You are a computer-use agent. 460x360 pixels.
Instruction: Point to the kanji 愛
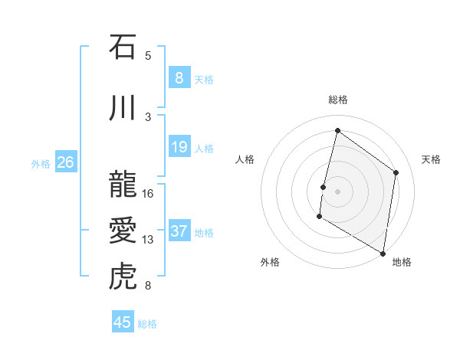pos(123,230)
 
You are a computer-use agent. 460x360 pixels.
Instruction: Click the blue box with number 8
pos(179,77)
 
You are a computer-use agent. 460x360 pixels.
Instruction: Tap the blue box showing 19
pos(179,147)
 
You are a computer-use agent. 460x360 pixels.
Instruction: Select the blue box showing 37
pos(179,231)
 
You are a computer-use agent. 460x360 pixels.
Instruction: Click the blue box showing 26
pos(66,162)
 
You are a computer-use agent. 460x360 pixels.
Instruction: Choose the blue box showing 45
pos(123,322)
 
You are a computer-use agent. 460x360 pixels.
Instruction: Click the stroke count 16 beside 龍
pos(148,193)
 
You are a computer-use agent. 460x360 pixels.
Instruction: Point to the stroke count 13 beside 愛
pos(148,240)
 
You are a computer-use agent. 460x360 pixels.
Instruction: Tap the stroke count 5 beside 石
pos(148,55)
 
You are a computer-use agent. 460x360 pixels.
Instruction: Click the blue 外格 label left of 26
pos(41,162)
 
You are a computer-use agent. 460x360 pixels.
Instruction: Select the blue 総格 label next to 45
pos(147,323)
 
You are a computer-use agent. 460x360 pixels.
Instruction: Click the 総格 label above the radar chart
pos(338,100)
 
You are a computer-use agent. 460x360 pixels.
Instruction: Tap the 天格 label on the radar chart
pos(431,159)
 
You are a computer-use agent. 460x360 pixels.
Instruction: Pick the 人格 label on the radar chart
pos(245,159)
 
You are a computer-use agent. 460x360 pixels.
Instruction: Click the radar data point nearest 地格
pos(383,253)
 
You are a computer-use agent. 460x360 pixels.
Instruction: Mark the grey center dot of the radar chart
pos(337,191)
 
